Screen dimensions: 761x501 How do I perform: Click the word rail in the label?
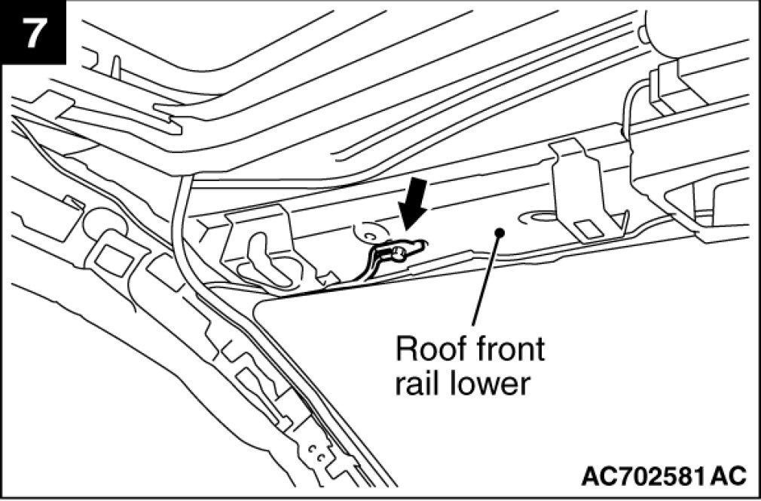tap(416, 385)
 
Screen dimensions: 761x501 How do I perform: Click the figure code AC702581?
tap(644, 476)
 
